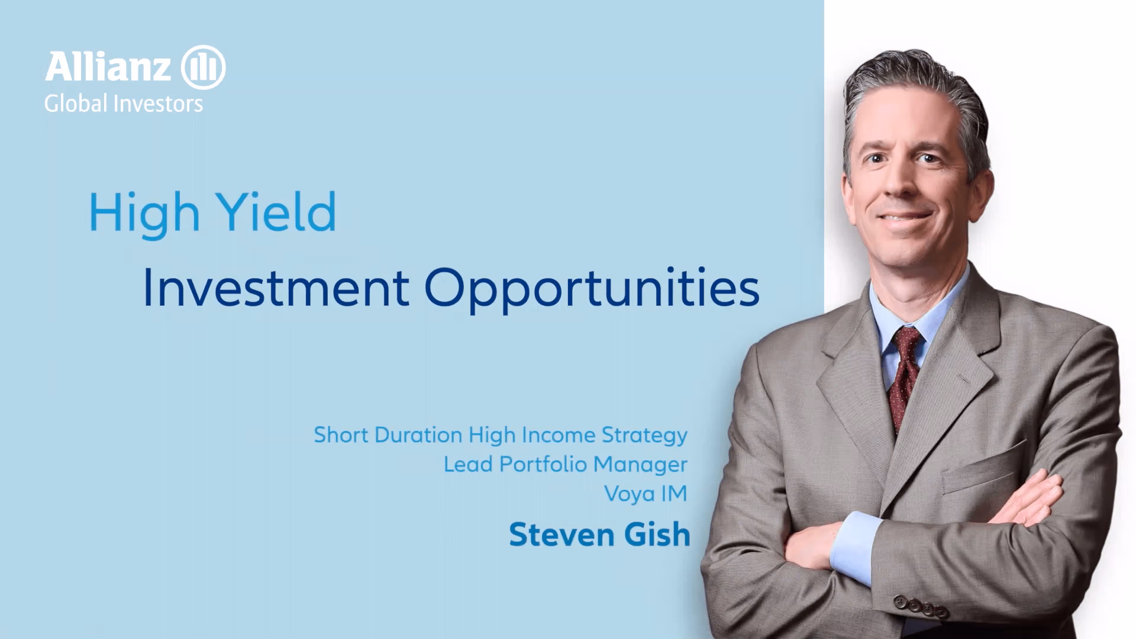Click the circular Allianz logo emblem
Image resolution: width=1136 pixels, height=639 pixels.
203,67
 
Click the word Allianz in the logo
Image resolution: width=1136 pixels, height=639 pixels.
108,67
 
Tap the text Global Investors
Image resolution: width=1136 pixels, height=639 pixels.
124,104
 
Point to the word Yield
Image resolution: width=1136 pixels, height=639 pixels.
276,211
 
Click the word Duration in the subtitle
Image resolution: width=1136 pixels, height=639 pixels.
418,435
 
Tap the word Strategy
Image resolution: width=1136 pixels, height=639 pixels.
644,436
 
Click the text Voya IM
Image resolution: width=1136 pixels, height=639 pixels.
646,494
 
